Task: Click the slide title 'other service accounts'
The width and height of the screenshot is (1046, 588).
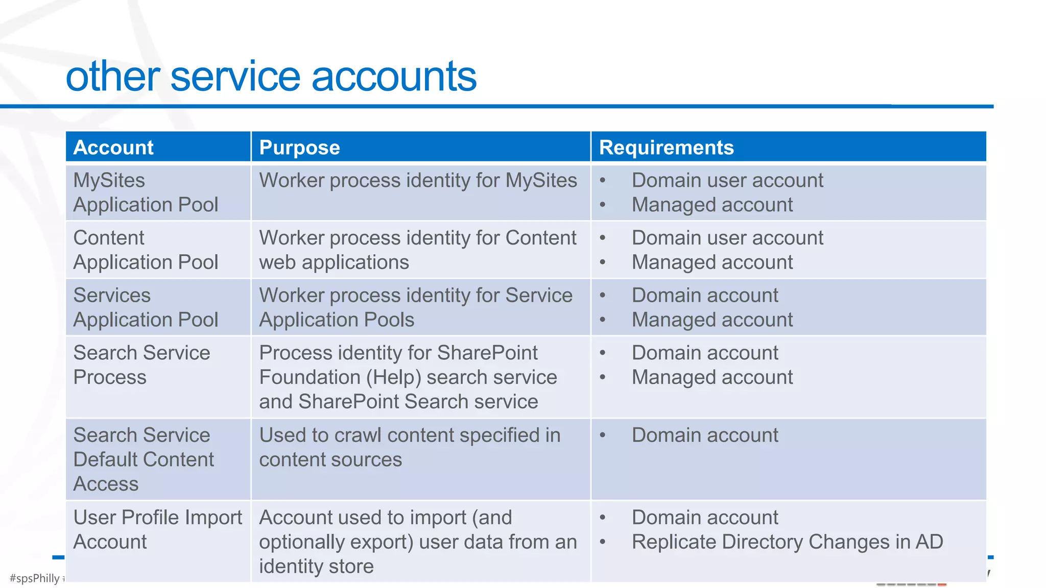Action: click(271, 77)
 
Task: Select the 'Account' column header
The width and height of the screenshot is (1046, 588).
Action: click(113, 148)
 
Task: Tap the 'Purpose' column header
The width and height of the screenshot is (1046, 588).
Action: click(299, 148)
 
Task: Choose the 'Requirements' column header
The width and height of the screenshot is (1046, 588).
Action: click(666, 148)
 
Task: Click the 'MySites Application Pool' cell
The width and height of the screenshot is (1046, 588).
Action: click(146, 192)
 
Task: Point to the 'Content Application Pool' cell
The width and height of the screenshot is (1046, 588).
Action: click(146, 250)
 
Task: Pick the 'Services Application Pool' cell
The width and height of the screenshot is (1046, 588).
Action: click(146, 307)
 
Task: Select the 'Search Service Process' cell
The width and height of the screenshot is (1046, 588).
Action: click(141, 365)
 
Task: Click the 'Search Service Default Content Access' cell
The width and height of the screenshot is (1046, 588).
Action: click(144, 459)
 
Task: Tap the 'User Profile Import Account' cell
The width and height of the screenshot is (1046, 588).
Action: click(157, 529)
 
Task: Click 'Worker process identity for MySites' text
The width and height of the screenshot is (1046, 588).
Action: click(418, 181)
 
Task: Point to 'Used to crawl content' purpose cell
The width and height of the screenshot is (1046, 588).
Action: click(410, 447)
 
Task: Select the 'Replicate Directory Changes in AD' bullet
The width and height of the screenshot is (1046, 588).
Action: click(787, 542)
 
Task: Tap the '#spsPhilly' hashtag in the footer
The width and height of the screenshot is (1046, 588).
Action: click(35, 578)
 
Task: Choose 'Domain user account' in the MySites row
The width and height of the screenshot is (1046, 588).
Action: click(727, 181)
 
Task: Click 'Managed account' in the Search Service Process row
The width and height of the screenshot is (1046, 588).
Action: click(712, 378)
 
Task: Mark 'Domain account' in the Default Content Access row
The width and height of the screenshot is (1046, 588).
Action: click(705, 435)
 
